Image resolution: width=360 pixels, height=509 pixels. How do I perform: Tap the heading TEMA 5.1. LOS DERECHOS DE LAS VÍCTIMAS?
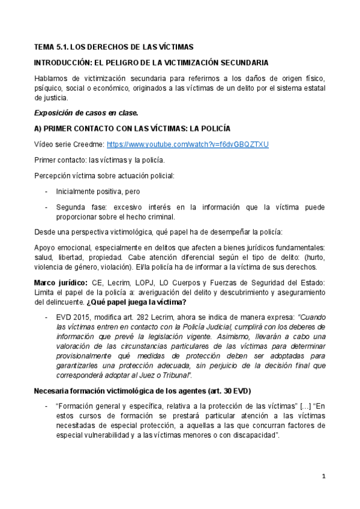click(x=113, y=47)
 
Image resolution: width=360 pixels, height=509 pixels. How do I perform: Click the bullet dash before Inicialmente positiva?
click(x=47, y=192)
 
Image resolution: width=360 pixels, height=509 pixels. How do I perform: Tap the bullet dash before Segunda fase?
click(x=47, y=207)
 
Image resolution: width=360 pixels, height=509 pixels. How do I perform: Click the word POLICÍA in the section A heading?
click(x=212, y=129)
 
